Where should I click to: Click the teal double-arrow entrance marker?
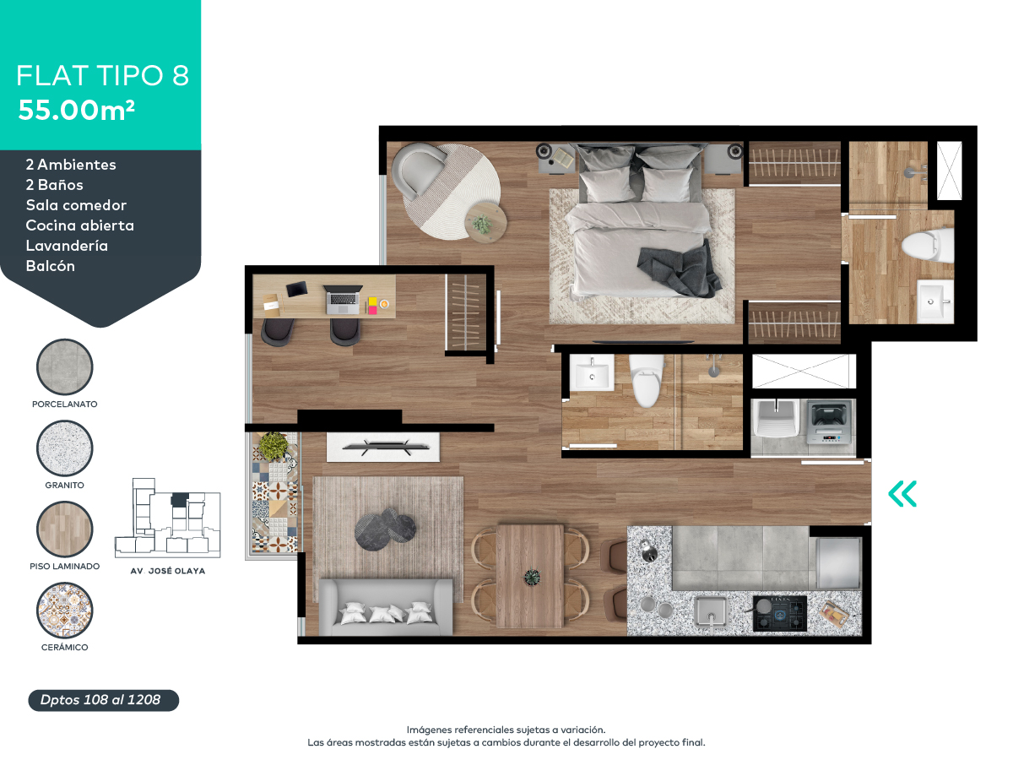point(902,494)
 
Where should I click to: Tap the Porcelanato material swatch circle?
point(65,367)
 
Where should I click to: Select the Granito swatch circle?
point(65,448)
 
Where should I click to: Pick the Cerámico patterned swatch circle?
point(65,611)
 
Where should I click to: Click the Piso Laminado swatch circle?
point(65,529)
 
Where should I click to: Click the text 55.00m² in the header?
point(77,110)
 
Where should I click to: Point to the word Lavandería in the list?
point(67,246)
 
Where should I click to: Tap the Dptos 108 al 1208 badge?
point(100,700)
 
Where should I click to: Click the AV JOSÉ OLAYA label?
point(167,571)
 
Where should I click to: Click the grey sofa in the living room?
point(385,606)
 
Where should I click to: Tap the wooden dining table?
point(530,576)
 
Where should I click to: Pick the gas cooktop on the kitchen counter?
point(779,613)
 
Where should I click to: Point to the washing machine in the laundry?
point(831,423)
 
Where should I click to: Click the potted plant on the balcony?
point(273,445)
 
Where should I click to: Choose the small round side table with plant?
point(485,222)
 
